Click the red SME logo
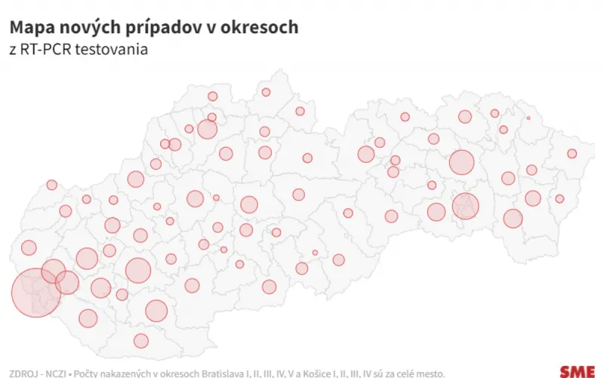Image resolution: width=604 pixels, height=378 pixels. point(577,371)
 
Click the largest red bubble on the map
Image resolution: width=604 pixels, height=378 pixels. point(36,292)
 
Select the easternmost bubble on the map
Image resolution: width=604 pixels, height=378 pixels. point(572,154)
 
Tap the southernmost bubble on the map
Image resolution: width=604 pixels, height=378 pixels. point(140,340)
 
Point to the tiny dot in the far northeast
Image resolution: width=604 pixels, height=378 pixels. point(528,118)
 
